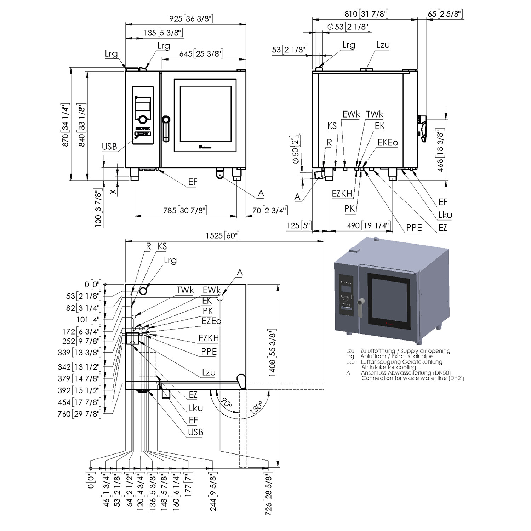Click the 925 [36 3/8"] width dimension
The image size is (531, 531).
[191, 18]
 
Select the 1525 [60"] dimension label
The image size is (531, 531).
[222, 235]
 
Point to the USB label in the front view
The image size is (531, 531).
[109, 147]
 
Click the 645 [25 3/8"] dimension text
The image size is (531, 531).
[201, 54]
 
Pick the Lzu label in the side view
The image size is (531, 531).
[383, 45]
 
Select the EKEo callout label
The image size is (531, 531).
[388, 143]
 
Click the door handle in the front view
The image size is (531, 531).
[166, 129]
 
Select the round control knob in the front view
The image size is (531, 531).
[143, 119]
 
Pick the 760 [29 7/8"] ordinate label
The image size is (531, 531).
[79, 414]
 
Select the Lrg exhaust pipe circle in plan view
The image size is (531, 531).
[143, 291]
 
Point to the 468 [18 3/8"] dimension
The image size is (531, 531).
[440, 150]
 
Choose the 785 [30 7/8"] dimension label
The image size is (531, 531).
[185, 210]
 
